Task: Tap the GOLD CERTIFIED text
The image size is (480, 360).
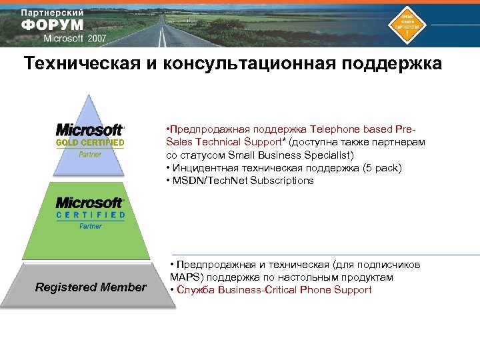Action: (90, 143)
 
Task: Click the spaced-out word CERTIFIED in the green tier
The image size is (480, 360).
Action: (90, 215)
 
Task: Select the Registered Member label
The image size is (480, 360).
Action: (91, 287)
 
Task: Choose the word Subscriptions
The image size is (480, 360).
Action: (282, 181)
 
